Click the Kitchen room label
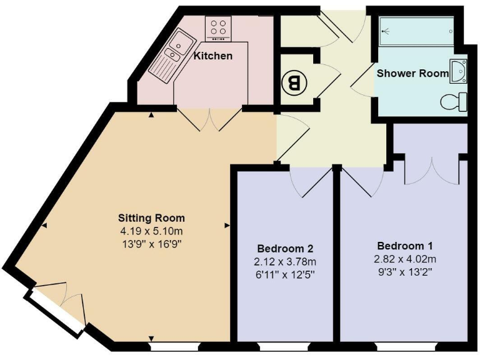[x=213, y=56]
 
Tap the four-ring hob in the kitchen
[x=219, y=27]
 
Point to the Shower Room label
[x=412, y=73]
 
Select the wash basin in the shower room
[x=459, y=72]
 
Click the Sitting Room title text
[x=151, y=218]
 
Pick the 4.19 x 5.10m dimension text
[x=151, y=231]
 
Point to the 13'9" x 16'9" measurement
[x=151, y=242]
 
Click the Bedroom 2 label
[x=285, y=247]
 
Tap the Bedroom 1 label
[x=405, y=245]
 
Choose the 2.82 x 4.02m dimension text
[x=405, y=258]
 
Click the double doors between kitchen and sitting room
[x=208, y=118]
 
